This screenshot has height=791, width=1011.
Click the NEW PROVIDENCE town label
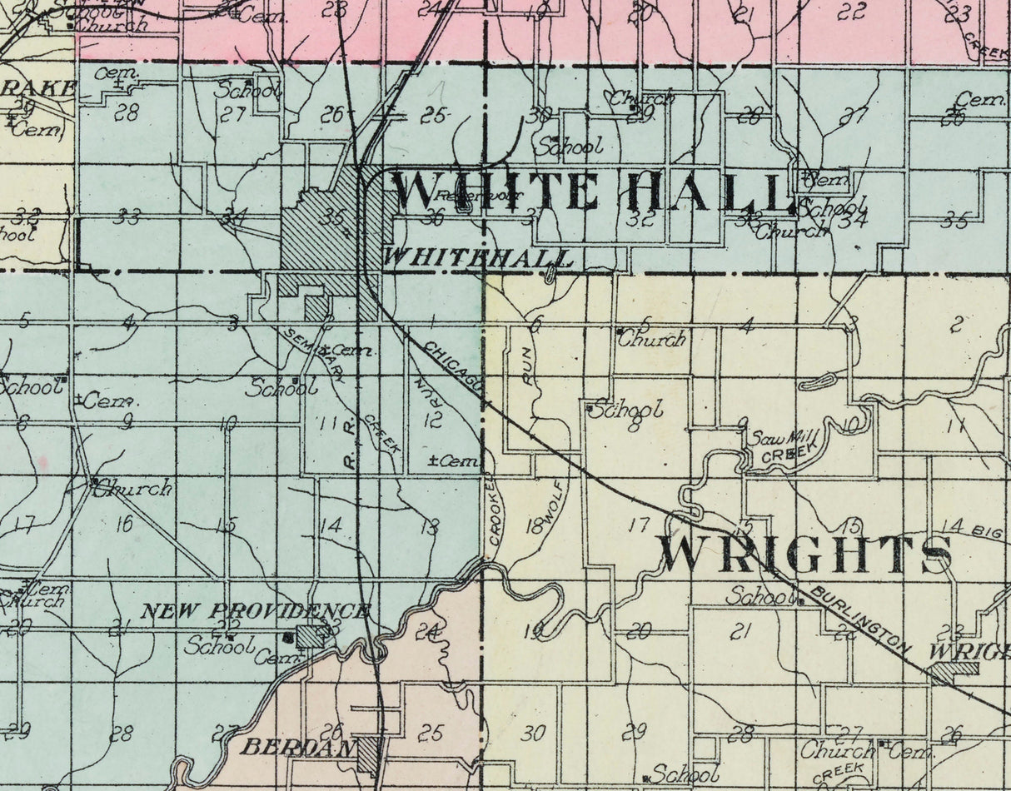255,612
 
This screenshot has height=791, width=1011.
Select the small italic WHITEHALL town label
479,258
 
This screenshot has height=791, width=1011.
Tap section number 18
535,525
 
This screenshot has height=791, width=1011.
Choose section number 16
124,524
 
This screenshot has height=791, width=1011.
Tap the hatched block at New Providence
311,636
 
